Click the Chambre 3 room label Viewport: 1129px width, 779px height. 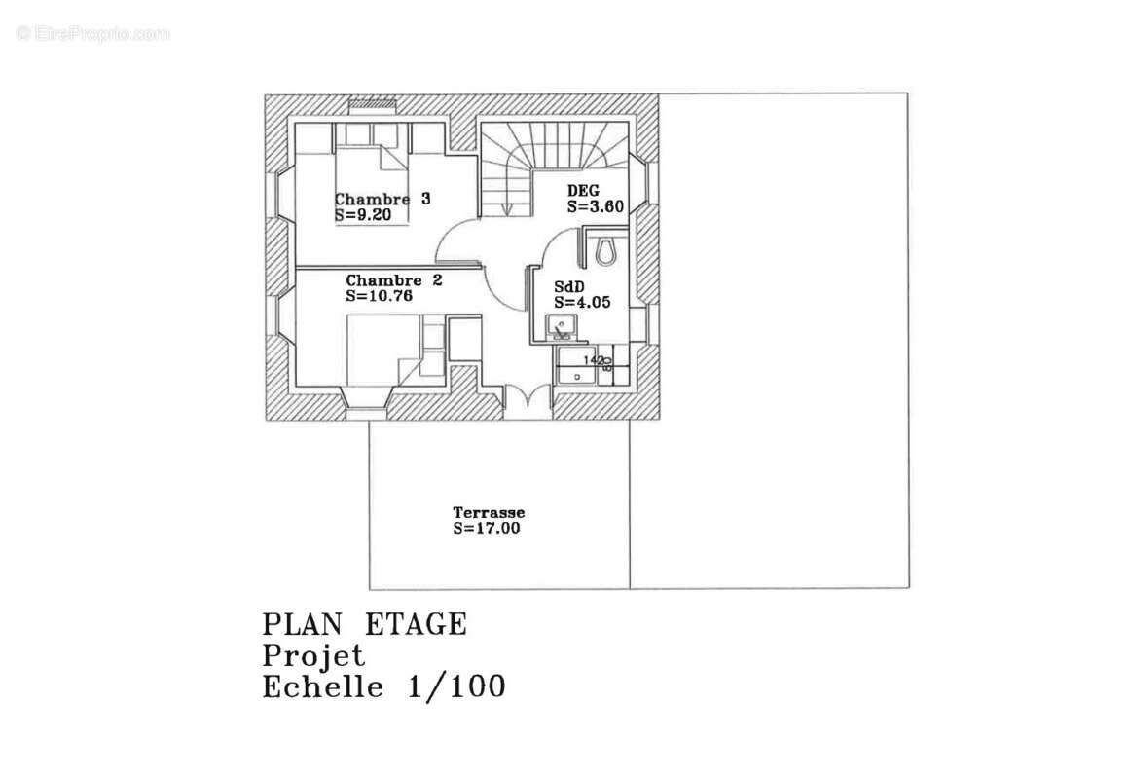coord(382,199)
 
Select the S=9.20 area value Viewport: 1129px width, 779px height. coord(362,215)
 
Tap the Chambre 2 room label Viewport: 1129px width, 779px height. coord(394,280)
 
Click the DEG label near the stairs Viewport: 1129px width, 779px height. coord(583,191)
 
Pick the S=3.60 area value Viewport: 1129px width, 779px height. coord(595,206)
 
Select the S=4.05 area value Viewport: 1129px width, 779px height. coord(582,303)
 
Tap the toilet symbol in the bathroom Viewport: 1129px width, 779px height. coord(605,249)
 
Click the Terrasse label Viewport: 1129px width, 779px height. coord(489,513)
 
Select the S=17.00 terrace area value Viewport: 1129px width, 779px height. coord(487,529)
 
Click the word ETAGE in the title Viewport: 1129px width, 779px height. coord(416,624)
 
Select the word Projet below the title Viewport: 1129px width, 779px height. coord(313,655)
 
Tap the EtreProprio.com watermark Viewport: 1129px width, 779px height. coord(92,34)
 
